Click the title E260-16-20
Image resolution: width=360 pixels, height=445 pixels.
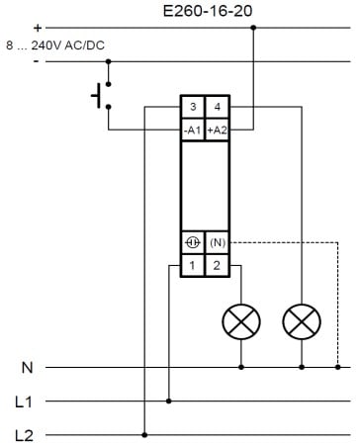click(x=208, y=11)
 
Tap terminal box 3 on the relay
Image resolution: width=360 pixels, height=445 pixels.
click(x=193, y=107)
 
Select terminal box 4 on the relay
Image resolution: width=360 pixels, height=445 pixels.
click(x=217, y=107)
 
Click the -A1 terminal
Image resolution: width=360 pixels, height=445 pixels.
click(x=193, y=131)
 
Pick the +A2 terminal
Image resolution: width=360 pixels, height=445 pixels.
click(x=217, y=131)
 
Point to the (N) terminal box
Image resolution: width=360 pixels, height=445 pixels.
click(x=218, y=242)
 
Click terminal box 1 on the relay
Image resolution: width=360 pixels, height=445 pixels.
click(x=193, y=265)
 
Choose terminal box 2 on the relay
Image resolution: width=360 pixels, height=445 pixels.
click(x=217, y=265)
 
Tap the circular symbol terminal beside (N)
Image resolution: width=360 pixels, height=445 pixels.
click(x=193, y=242)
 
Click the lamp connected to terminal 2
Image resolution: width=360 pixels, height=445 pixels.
click(x=241, y=321)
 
